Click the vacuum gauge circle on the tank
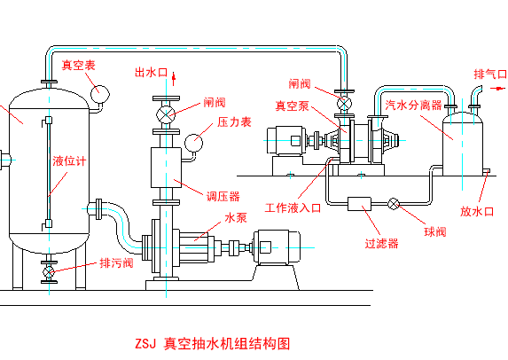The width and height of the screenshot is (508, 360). point(100,94)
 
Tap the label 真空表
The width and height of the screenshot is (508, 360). point(78,66)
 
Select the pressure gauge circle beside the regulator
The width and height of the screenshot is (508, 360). point(194,143)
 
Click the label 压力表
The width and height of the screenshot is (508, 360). point(234,122)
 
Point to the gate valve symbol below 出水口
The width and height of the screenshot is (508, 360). point(166,114)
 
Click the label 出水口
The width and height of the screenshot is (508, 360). point(151,72)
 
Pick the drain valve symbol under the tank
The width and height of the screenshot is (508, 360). point(49,272)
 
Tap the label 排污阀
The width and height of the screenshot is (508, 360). point(116,262)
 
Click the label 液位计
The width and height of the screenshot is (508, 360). point(69,161)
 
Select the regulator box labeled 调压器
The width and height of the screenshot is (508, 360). point(166,168)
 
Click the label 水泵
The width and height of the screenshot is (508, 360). point(236,217)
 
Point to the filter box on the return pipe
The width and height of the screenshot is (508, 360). point(359,204)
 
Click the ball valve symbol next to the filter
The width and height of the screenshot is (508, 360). point(394,204)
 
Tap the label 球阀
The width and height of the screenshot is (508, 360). point(435,231)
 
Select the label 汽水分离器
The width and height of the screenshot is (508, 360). point(413,106)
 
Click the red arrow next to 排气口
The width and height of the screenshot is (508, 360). point(497,88)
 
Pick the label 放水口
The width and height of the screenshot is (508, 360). point(477,212)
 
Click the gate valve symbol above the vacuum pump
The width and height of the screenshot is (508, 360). point(344,104)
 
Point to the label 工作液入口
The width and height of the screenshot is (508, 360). point(293,207)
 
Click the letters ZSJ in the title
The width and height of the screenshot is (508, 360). point(145,344)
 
